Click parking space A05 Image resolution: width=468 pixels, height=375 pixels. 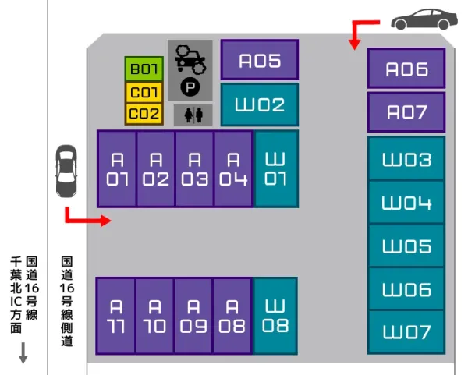pyautogui.click(x=259, y=60)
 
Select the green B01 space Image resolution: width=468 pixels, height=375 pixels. pyautogui.click(x=144, y=69)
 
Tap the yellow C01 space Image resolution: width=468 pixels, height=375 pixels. pyautogui.click(x=144, y=93)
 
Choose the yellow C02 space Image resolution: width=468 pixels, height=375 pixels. pyautogui.click(x=144, y=114)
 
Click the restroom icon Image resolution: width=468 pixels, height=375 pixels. pyautogui.click(x=193, y=115)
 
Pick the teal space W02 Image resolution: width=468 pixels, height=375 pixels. pyautogui.click(x=259, y=105)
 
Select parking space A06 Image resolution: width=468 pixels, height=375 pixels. pyautogui.click(x=406, y=69)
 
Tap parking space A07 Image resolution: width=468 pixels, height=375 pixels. pyautogui.click(x=406, y=112)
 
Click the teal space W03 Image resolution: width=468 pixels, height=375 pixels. pyautogui.click(x=406, y=160)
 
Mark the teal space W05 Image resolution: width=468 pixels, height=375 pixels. pyautogui.click(x=406, y=246)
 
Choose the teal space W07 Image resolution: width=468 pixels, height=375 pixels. pyautogui.click(x=406, y=333)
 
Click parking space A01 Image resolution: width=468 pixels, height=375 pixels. pyautogui.click(x=117, y=168)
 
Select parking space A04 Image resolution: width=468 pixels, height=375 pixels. pyautogui.click(x=232, y=168)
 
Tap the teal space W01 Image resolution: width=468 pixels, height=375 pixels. pyautogui.click(x=276, y=168)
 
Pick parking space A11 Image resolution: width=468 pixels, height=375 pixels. pyautogui.click(x=115, y=315)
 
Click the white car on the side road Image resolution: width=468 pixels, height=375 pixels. pyautogui.click(x=66, y=173)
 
